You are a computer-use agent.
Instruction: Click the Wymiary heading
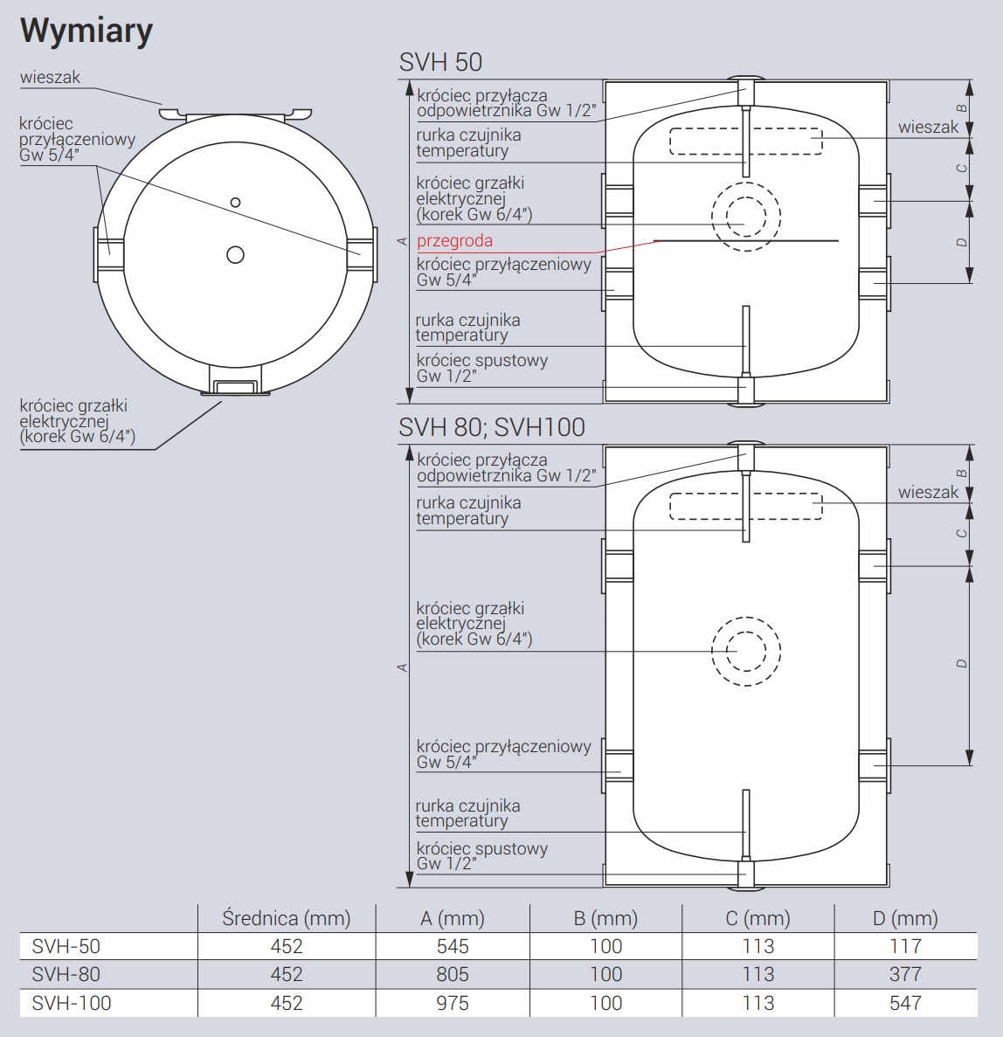point(86,31)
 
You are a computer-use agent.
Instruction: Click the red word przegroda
point(454,241)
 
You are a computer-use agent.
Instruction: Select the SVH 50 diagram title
point(440,62)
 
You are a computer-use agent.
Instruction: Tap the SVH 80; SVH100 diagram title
point(492,427)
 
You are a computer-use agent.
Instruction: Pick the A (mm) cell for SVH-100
point(453,1003)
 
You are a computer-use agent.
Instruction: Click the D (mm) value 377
point(905,974)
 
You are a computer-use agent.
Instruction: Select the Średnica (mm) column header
point(287,918)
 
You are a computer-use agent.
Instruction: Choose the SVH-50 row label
point(66,946)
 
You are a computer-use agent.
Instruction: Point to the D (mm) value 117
point(905,946)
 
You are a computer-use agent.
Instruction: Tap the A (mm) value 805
point(453,974)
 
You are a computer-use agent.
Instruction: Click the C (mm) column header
point(758,918)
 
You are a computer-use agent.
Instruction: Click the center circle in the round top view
point(236,254)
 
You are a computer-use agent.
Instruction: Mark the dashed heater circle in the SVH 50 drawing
point(746,182)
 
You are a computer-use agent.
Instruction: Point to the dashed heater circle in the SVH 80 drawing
point(746,617)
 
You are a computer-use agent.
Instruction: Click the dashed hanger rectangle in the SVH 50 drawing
point(746,129)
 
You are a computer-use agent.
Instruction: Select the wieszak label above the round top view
point(50,78)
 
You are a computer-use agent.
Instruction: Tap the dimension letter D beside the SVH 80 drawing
point(962,663)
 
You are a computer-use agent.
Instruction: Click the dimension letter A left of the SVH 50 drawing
point(402,242)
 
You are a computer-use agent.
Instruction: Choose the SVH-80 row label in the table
point(66,974)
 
